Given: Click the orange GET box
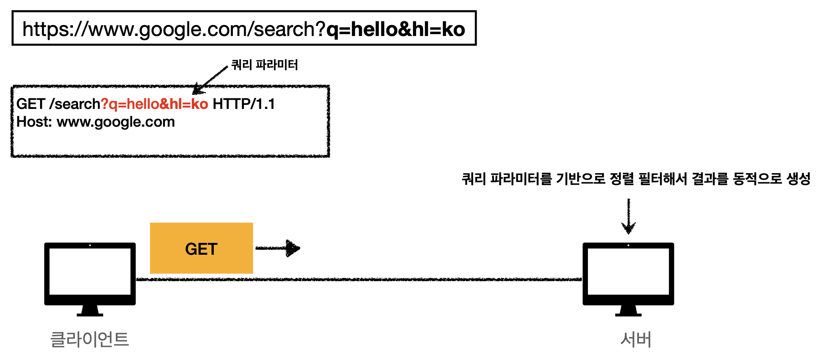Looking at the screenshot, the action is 201,248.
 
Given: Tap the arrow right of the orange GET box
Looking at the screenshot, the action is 278,248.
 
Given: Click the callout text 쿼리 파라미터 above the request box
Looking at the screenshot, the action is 264,65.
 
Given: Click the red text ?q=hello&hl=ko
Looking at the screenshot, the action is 154,104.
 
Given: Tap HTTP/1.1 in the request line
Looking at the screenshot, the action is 244,104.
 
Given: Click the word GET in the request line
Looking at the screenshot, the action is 31,104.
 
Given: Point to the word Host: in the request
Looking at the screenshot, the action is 34,122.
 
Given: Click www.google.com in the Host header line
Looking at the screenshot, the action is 116,122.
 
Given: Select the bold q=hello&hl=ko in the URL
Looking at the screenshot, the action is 396,29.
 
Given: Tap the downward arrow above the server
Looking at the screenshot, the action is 628,216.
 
